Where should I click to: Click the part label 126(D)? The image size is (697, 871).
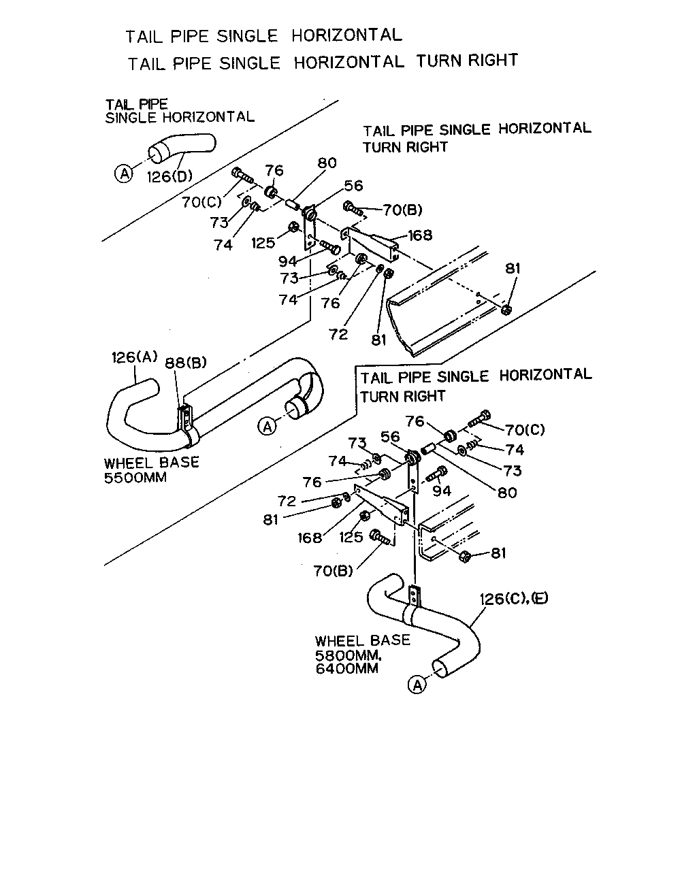[x=169, y=176]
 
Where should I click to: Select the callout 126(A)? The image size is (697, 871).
[x=134, y=357]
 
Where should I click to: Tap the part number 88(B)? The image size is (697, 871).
[x=186, y=363]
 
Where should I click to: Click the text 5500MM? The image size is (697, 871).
[x=135, y=478]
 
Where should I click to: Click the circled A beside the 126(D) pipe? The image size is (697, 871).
[x=124, y=174]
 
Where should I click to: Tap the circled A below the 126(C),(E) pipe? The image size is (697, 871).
[x=417, y=685]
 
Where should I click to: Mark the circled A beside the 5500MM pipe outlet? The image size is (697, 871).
[x=268, y=427]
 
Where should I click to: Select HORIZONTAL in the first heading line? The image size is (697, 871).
[x=346, y=35]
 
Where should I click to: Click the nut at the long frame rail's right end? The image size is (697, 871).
[x=506, y=310]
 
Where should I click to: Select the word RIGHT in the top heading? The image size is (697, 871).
[x=493, y=61]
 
